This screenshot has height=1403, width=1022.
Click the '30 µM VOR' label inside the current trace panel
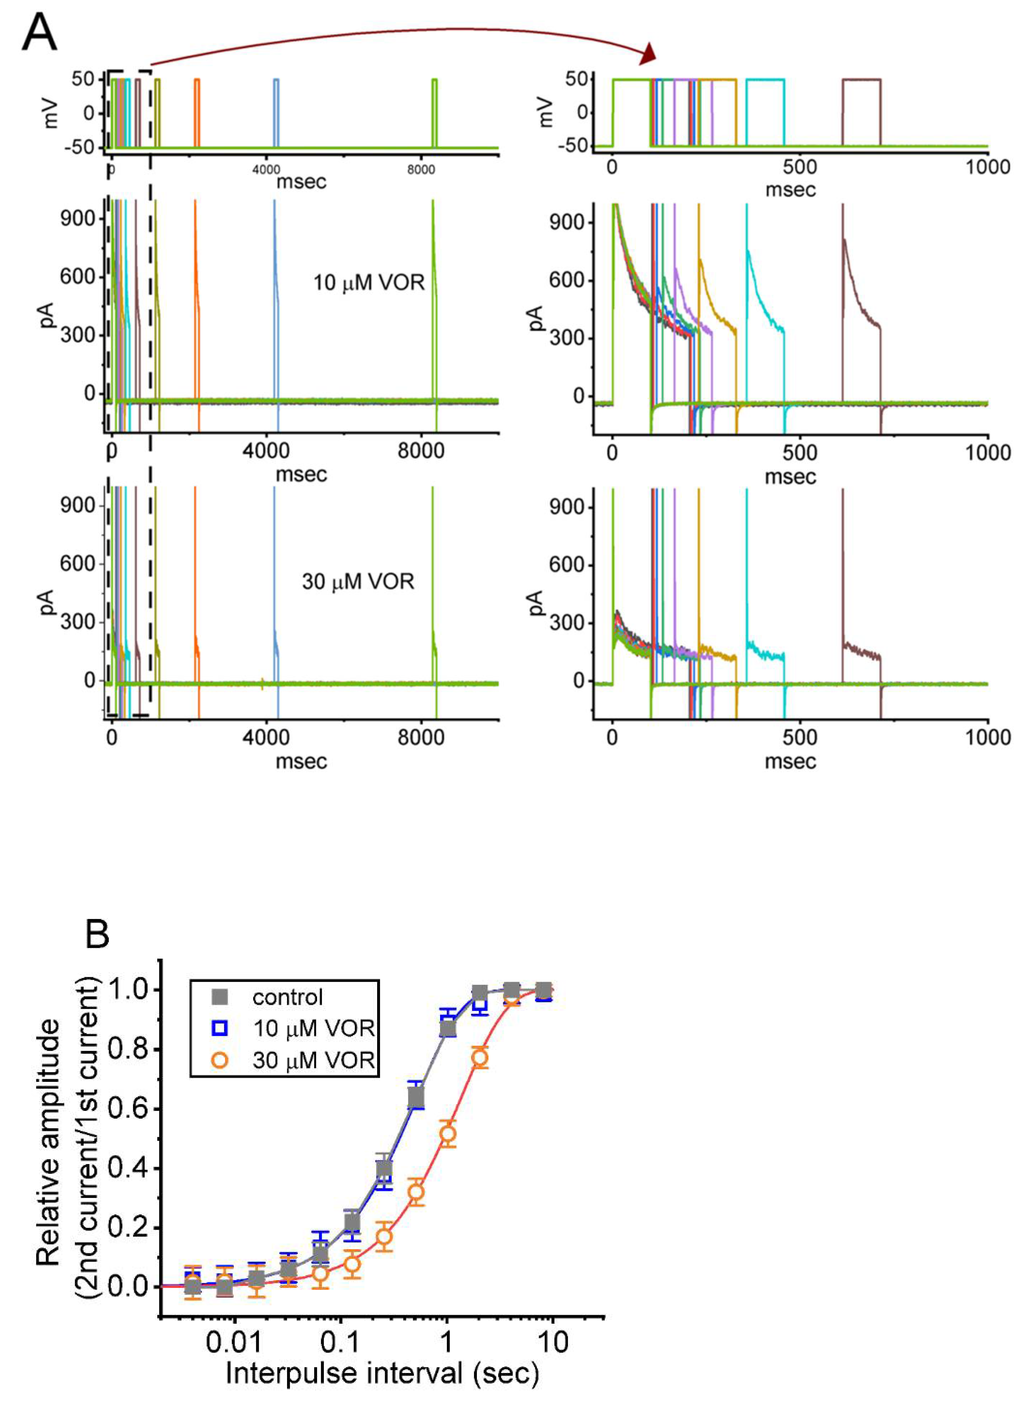click(358, 581)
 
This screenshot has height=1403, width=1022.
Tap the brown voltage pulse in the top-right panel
click(861, 80)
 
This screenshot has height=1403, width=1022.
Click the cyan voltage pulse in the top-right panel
click(765, 80)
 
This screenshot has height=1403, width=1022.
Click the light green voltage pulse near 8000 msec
click(435, 80)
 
